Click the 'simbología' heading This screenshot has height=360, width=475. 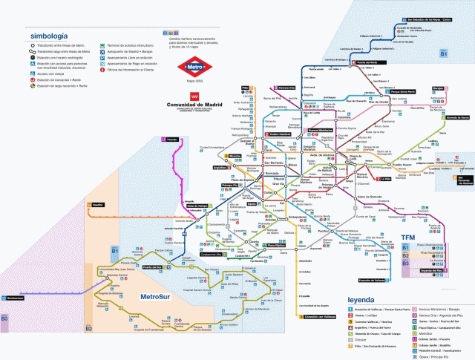click(48, 35)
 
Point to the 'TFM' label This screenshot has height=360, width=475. click(407, 238)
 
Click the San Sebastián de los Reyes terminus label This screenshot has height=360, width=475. click(426, 19)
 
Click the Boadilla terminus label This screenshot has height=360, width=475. click(98, 203)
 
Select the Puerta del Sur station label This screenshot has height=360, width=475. click(151, 266)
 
